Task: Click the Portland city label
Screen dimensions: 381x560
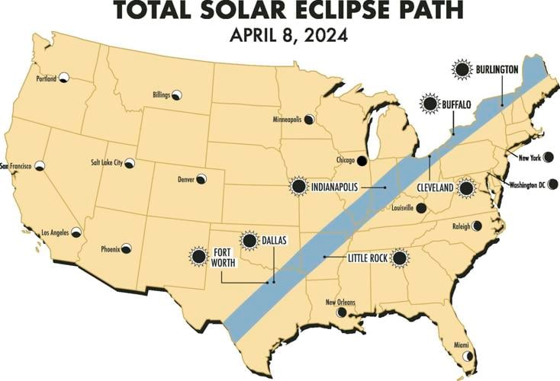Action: click(47, 78)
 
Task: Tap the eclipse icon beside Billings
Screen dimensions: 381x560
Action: click(177, 95)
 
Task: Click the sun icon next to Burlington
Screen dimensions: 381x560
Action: click(461, 70)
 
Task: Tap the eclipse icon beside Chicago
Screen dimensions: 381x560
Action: click(362, 161)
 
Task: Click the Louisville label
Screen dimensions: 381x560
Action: click(401, 207)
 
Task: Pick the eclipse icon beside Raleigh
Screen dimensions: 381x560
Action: click(477, 226)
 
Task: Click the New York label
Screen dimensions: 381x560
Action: click(529, 158)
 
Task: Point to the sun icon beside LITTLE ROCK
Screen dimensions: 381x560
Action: click(398, 258)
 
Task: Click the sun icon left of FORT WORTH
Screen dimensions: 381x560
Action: click(198, 257)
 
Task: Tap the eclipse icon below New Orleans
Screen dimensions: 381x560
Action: click(342, 312)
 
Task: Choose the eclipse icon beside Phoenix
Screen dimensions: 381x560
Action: click(126, 248)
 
